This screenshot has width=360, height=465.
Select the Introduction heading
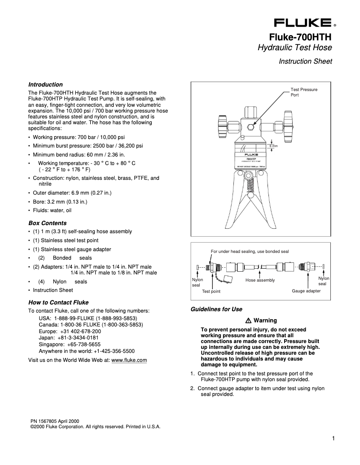(45, 84)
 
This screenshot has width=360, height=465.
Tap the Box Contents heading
(47, 223)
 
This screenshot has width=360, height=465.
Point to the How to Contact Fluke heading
(58, 302)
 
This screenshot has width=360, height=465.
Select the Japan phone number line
(69, 337)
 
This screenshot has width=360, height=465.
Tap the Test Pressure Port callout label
(304, 92)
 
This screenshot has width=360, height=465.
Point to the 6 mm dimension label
(273, 146)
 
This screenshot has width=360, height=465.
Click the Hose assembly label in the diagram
(260, 280)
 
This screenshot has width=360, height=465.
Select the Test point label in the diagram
(211, 291)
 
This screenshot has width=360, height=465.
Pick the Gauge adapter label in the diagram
(306, 291)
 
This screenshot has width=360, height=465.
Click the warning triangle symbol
(248, 321)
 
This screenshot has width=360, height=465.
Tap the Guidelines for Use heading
(216, 309)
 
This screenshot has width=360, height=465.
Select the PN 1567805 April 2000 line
(55, 421)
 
